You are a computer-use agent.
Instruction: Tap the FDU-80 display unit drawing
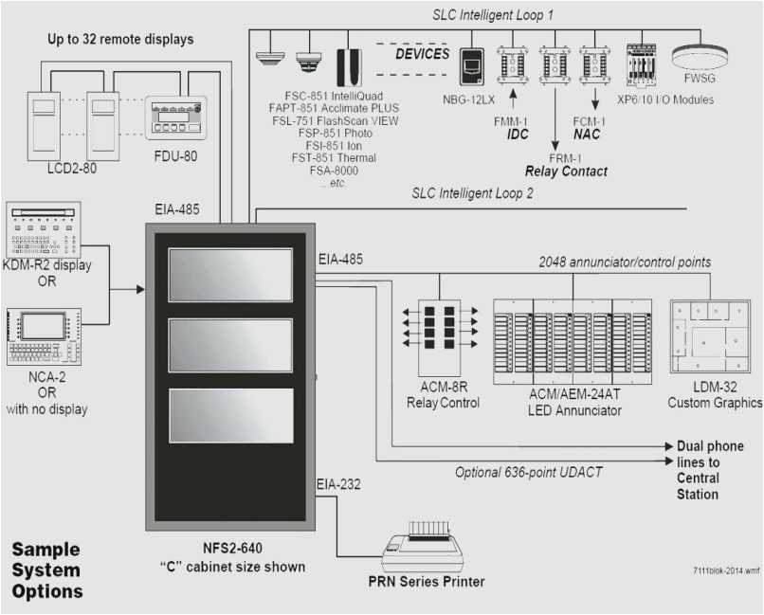click(x=176, y=118)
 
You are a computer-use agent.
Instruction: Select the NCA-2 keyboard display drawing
click(x=43, y=337)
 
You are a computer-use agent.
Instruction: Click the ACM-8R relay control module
click(x=439, y=337)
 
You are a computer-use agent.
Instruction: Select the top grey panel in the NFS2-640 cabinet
click(x=231, y=275)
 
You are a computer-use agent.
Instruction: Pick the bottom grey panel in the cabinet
click(x=231, y=415)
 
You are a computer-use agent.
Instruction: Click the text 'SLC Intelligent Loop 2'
click(x=472, y=193)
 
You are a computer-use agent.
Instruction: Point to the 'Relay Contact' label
click(x=567, y=172)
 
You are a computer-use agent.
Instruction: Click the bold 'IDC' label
click(x=518, y=136)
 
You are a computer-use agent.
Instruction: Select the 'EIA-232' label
click(x=338, y=485)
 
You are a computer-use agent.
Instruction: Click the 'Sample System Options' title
click(x=47, y=570)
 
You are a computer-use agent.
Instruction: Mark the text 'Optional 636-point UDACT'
click(x=529, y=472)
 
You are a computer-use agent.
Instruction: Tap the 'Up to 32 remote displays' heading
click(x=121, y=40)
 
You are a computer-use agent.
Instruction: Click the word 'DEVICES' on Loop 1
click(x=422, y=54)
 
